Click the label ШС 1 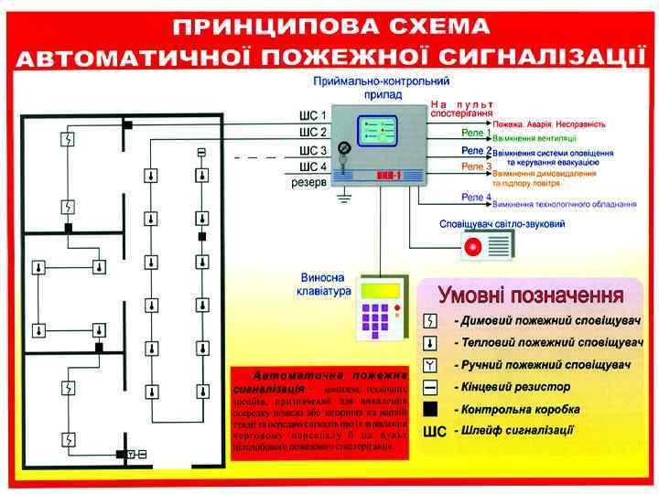312,117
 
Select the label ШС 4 312,167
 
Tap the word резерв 308,182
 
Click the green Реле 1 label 476,133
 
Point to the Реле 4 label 476,198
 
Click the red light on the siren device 474,247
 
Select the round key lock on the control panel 343,147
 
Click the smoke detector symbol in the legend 431,322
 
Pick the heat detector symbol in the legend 431,344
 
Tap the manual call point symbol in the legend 431,366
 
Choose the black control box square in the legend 431,409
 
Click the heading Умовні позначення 531,295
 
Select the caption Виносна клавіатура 325,285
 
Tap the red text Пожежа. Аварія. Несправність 549,123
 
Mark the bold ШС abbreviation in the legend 433,431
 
